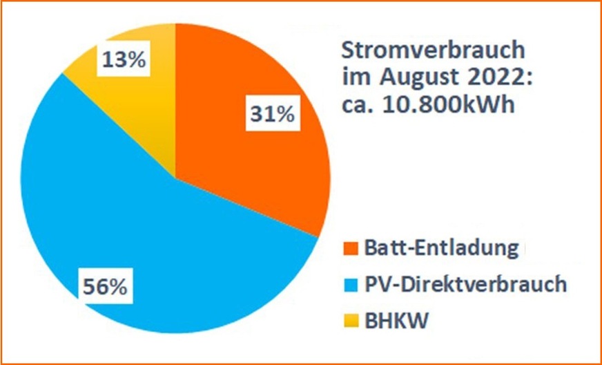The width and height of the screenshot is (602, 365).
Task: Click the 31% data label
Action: [271, 113]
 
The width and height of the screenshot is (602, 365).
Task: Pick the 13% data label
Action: [124, 60]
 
